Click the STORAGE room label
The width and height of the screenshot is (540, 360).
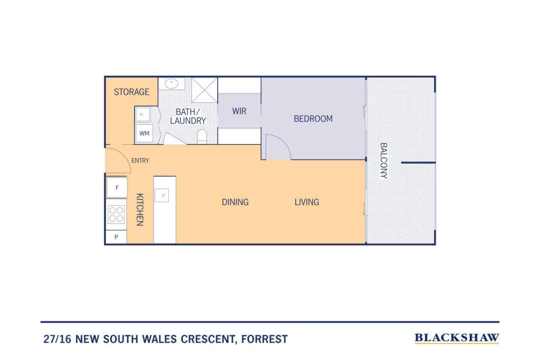131,92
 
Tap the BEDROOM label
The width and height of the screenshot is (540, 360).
313,119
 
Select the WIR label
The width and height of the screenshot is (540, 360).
239,111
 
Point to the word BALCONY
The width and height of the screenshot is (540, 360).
383,161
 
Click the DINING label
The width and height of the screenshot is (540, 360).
235,202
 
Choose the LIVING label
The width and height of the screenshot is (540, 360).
307,202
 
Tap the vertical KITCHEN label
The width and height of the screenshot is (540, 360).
140,209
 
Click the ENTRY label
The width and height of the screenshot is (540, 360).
140,161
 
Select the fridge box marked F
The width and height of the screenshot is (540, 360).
117,187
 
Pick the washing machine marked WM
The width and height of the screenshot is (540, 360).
144,133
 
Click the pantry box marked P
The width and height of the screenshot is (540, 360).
116,237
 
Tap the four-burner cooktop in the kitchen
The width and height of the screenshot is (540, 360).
116,214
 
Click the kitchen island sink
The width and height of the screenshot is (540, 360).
162,195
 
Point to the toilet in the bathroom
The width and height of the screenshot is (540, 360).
202,137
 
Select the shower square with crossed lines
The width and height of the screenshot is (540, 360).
205,90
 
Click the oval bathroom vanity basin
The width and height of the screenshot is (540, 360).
172,84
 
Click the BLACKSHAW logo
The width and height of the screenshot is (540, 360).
457,338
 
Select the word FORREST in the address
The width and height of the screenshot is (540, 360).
265,339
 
